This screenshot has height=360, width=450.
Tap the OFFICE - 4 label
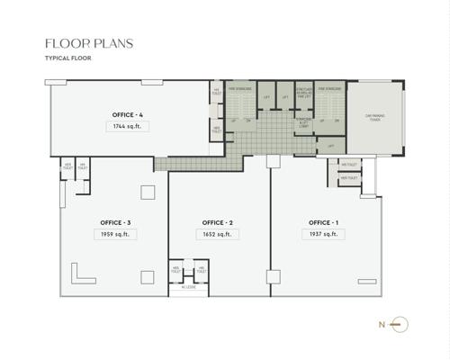pyautogui.click(x=126, y=115)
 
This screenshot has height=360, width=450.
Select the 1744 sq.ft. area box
pyautogui.click(x=126, y=127)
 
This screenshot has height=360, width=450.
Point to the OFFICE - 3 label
pyautogui.click(x=116, y=222)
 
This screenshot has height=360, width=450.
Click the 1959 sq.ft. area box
pyautogui.click(x=116, y=234)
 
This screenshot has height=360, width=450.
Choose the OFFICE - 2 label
pyautogui.click(x=218, y=222)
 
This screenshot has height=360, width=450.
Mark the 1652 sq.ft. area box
pyautogui.click(x=218, y=234)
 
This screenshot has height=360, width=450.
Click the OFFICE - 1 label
pyautogui.click(x=323, y=222)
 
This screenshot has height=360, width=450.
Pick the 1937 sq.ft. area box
pyautogui.click(x=323, y=234)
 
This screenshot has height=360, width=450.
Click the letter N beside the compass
pyautogui.click(x=382, y=323)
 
